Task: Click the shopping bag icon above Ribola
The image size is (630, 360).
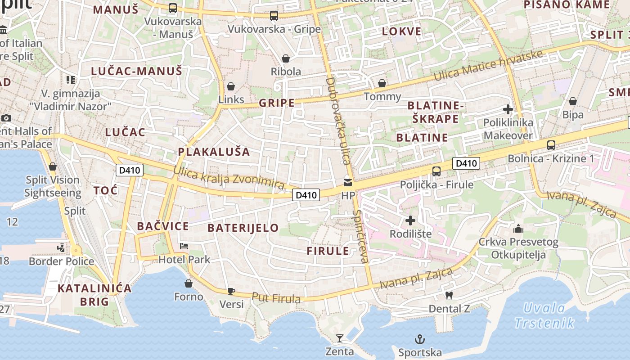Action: [x=285, y=58]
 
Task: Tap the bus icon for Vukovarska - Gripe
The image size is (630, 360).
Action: [x=274, y=16]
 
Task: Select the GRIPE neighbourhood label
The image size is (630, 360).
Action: [x=277, y=103]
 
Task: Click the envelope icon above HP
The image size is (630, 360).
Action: [x=348, y=182]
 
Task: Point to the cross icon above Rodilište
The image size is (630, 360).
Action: [x=410, y=220]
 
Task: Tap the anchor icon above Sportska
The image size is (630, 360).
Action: [x=419, y=339]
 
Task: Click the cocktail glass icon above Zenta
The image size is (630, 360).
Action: [x=340, y=338]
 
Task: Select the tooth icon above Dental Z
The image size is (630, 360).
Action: [x=448, y=295]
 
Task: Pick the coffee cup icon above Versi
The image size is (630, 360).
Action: [x=231, y=291]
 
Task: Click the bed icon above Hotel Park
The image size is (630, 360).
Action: [x=184, y=246]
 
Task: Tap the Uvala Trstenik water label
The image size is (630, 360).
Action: [x=544, y=315]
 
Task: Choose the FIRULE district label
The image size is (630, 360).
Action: [x=328, y=251]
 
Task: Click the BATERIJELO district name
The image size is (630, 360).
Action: [x=243, y=228]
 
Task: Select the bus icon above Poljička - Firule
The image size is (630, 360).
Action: [x=436, y=171]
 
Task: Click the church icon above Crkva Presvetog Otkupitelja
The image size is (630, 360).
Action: [x=518, y=229]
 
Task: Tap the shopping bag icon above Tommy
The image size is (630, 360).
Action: [x=382, y=83]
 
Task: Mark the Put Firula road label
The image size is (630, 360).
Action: [x=276, y=298]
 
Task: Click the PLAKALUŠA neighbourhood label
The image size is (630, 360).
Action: [x=214, y=151]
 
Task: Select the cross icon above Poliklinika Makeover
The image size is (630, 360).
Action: [x=508, y=109]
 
